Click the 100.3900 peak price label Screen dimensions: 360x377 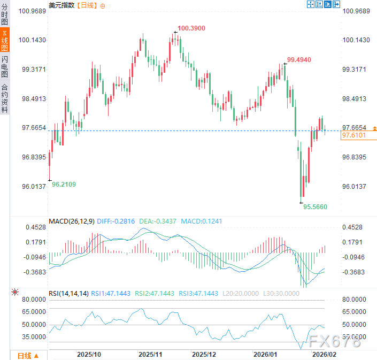click(191, 28)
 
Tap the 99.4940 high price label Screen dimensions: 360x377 click(299, 59)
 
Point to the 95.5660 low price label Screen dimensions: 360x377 click(315, 206)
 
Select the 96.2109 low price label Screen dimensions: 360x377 click(64, 185)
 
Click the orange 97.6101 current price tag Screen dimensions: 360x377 click(353, 136)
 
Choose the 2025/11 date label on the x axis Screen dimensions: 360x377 click(150, 354)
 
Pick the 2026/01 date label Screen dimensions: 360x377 click(265, 354)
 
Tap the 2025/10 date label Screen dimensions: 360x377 click(89, 354)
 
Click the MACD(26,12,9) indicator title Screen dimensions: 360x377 click(71, 221)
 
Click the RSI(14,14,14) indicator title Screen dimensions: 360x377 click(68, 293)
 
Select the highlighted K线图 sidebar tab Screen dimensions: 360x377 click(5, 41)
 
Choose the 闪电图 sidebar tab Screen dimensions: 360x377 click(5, 66)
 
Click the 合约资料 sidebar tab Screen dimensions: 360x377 click(5, 98)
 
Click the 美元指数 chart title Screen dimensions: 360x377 click(62, 5)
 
